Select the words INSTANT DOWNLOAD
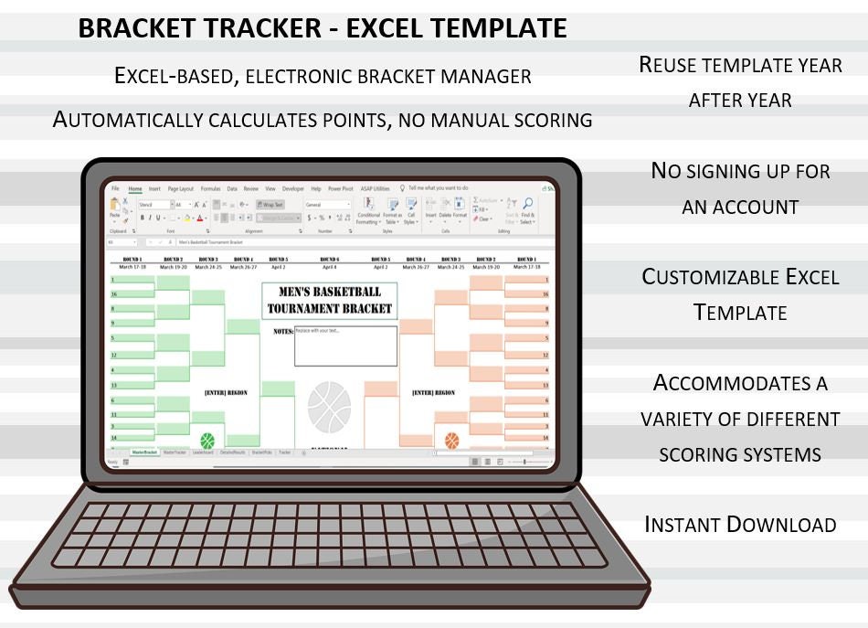pos(740,525)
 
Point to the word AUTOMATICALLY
pos(128,120)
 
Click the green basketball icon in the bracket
pos(207,441)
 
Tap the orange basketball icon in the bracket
pos(451,441)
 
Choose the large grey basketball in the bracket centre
pos(330,408)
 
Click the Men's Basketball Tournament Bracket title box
pos(329,301)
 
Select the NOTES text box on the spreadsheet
pos(345,346)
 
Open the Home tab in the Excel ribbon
pos(135,188)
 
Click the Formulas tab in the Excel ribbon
pos(210,188)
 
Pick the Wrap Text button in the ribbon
pos(270,205)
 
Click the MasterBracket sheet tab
pos(144,452)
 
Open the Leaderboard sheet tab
pos(203,452)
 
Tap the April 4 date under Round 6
pos(329,267)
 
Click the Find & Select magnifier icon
pos(528,205)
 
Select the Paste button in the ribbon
pos(115,210)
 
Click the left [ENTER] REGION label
pos(226,393)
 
